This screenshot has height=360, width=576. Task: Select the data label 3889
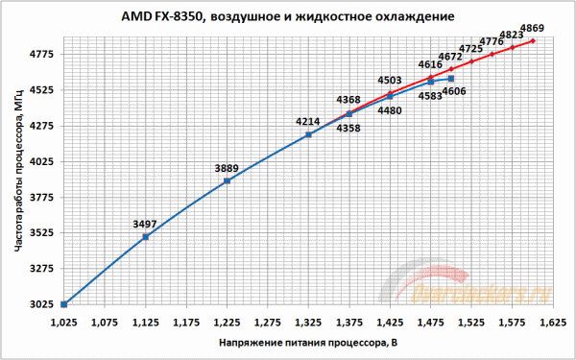pyautogui.click(x=227, y=167)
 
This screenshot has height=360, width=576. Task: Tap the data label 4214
pyautogui.click(x=308, y=121)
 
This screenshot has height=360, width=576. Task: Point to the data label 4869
pyautogui.click(x=531, y=28)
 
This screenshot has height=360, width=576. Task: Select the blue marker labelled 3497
pyautogui.click(x=145, y=237)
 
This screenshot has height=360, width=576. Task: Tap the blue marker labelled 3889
pyautogui.click(x=227, y=180)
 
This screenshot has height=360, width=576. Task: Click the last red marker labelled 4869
pyautogui.click(x=532, y=41)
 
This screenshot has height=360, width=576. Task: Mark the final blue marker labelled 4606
pyautogui.click(x=451, y=78)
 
